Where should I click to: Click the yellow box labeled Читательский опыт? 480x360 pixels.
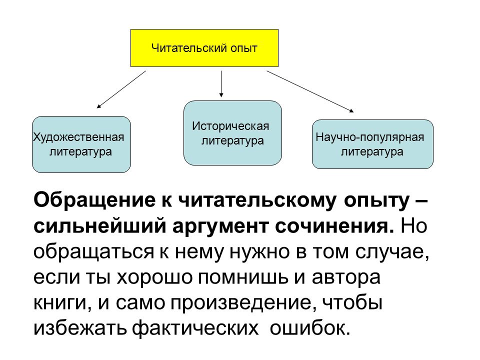click(x=204, y=48)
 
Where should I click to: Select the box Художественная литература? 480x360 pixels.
click(x=81, y=144)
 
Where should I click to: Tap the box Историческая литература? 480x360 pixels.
click(x=232, y=133)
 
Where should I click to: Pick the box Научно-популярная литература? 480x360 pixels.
click(x=372, y=144)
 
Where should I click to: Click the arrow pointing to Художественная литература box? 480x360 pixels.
click(x=121, y=89)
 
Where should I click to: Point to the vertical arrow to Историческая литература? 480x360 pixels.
click(x=221, y=84)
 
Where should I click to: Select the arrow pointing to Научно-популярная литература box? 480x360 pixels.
click(x=310, y=91)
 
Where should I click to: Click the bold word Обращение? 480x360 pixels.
click(x=94, y=200)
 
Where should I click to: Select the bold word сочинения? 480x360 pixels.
click(x=334, y=227)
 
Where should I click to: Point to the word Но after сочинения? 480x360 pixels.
click(x=413, y=226)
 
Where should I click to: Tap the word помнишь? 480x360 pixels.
click(x=243, y=277)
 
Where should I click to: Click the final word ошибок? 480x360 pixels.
click(x=310, y=328)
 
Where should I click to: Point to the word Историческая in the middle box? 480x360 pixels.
click(x=230, y=126)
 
